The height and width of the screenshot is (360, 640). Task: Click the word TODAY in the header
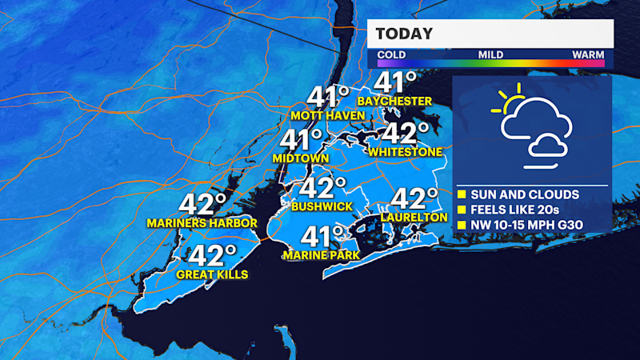[x=405, y=34]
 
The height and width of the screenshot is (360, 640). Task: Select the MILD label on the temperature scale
[x=490, y=54]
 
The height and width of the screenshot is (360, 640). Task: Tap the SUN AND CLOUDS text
[x=524, y=194]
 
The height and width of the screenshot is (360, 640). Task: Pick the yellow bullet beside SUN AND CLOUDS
[x=462, y=194]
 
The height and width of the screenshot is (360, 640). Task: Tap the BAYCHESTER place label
[x=394, y=101]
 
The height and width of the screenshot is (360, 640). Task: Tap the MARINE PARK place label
[x=321, y=255]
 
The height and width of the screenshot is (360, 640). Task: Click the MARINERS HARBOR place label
[x=202, y=222]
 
